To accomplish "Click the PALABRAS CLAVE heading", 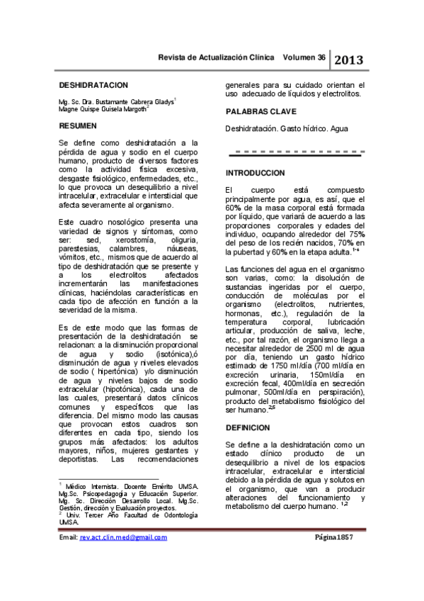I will [x=259, y=112].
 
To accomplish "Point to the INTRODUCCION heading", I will [x=255, y=173].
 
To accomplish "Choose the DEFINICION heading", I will [x=248, y=428].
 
